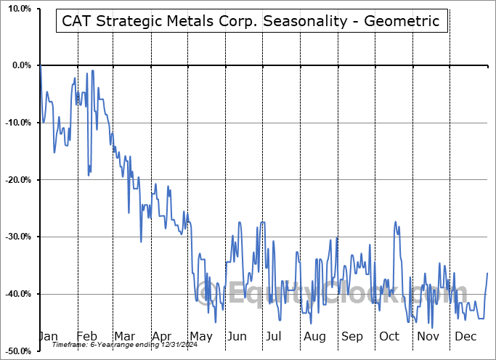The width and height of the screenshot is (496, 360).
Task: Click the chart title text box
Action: (251, 21)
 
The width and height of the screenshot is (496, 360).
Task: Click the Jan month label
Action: (47, 336)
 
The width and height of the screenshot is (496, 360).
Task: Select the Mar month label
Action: (123, 336)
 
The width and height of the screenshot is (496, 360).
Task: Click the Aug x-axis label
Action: (314, 336)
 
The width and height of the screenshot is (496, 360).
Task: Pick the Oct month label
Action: (390, 336)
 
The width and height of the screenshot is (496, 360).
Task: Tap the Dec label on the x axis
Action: (465, 336)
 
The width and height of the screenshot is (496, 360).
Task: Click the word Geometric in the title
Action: (403, 21)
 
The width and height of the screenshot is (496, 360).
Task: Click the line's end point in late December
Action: (487, 273)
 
